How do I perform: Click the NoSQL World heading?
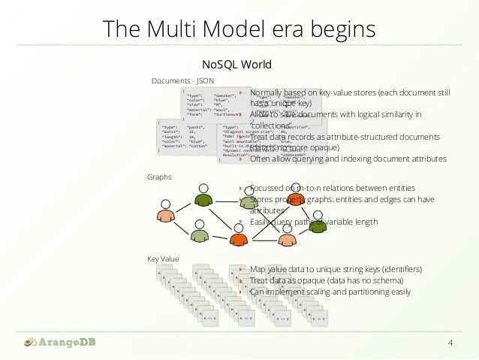[x=236, y=64]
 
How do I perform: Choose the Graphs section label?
[x=159, y=177]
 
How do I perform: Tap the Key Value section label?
[x=163, y=259]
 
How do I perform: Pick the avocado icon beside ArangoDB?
[x=29, y=342]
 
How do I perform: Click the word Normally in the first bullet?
[x=270, y=92]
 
